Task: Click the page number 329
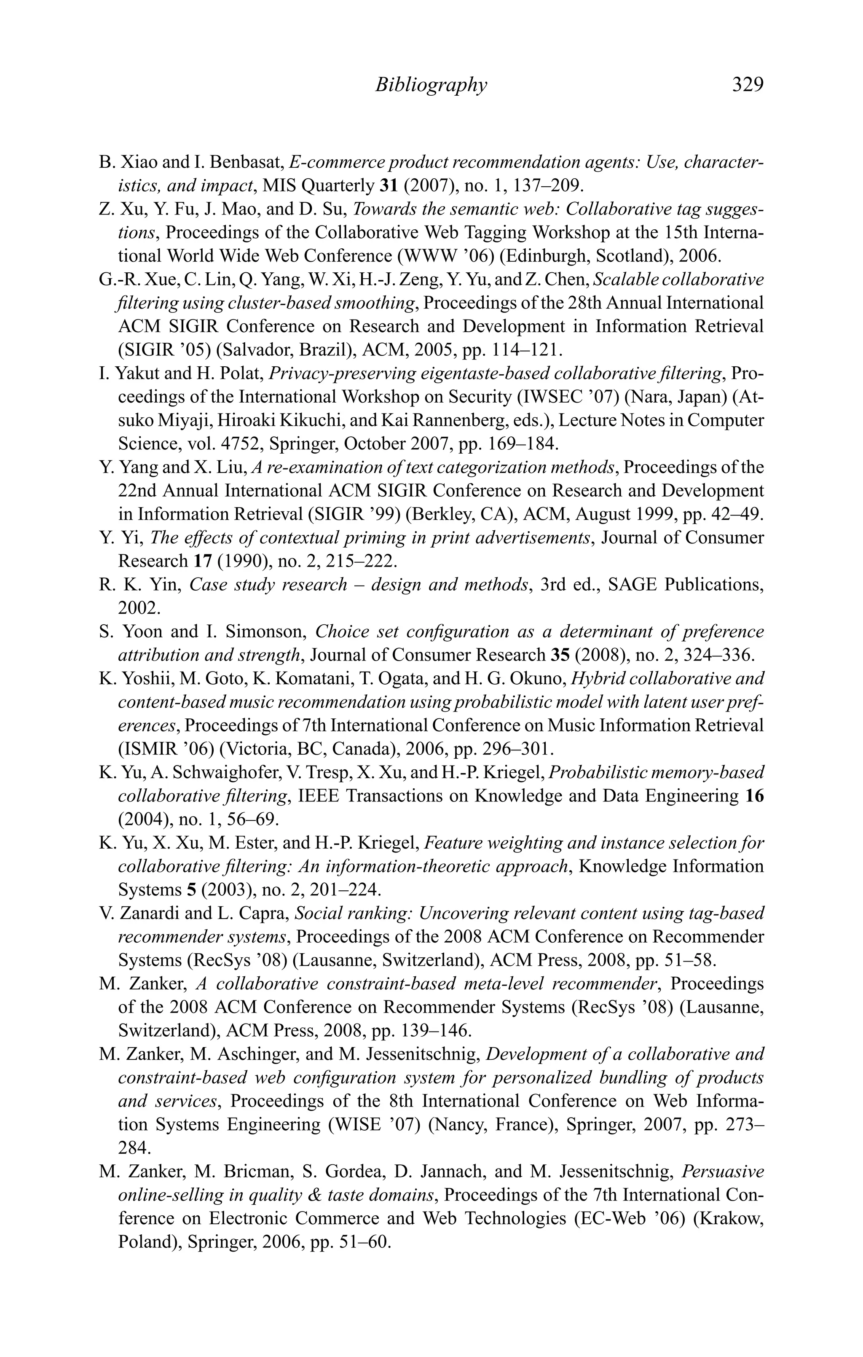747,85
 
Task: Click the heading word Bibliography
430,85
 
